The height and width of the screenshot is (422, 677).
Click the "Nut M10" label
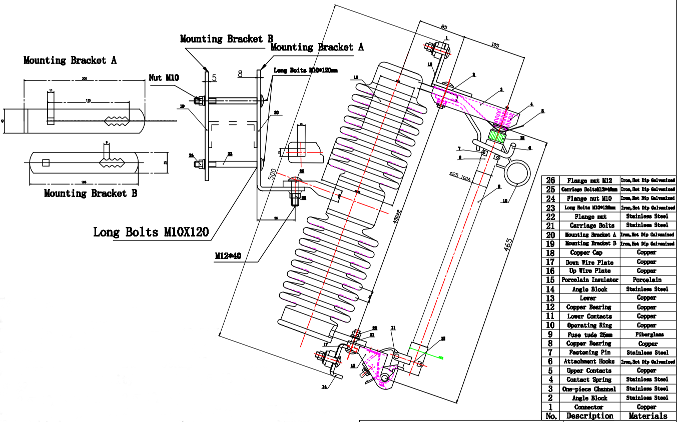[x=164, y=77]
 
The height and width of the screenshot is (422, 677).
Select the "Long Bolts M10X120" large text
[x=151, y=232]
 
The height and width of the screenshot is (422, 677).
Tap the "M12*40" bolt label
[x=228, y=256]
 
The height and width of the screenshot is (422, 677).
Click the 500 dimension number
[x=272, y=173]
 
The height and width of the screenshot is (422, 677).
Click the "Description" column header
[x=589, y=416]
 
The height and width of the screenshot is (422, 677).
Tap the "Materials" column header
[x=648, y=416]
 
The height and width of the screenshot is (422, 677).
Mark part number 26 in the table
[x=550, y=180]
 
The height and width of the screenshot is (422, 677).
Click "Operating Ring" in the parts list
[x=589, y=325]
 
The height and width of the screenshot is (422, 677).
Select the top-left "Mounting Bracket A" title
[x=70, y=60]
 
